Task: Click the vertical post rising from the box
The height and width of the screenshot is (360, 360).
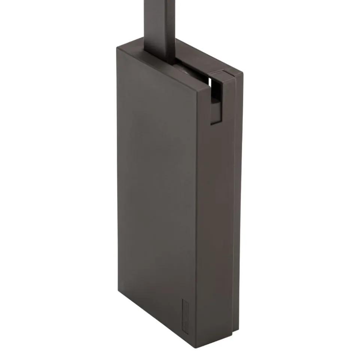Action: tap(159, 22)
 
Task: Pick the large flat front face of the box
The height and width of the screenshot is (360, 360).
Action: tap(157, 187)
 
